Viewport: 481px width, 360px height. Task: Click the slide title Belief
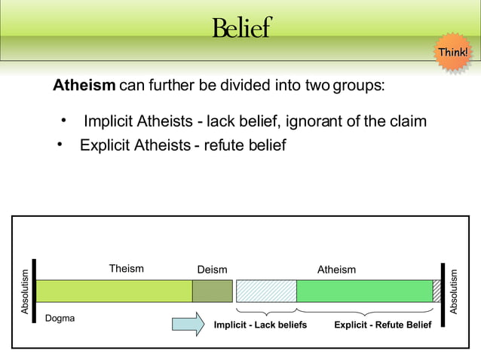(x=240, y=28)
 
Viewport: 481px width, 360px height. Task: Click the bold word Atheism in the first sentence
(x=84, y=85)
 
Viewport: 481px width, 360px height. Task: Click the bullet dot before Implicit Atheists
(x=65, y=121)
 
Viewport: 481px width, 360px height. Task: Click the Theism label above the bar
(x=126, y=268)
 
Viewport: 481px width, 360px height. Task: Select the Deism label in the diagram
(x=212, y=270)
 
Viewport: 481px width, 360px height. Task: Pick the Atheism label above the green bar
(x=336, y=270)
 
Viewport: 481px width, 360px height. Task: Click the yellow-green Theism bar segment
(x=114, y=291)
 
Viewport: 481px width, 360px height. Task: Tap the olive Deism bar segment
(x=212, y=291)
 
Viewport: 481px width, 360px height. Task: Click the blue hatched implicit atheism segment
(x=266, y=291)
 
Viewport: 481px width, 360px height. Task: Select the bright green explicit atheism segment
(x=364, y=291)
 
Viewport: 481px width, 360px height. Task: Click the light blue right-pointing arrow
(x=188, y=324)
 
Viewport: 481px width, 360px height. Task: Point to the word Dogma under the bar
(x=60, y=319)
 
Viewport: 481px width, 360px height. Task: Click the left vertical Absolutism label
(x=25, y=291)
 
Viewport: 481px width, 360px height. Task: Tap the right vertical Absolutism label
(x=454, y=291)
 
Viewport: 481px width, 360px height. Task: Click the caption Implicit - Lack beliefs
(x=260, y=325)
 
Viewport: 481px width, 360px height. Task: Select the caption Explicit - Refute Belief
(x=382, y=325)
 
